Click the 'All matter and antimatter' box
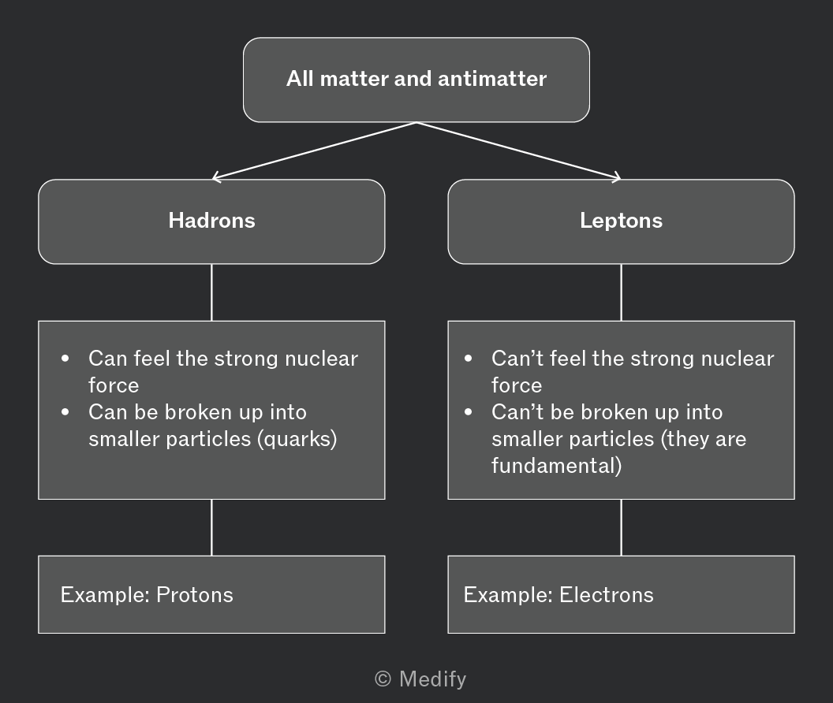point(416,80)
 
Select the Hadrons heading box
point(211,221)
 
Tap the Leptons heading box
point(621,221)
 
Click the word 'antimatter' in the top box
point(492,79)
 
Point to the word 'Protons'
point(194,595)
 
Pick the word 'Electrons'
point(606,595)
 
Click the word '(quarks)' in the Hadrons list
point(297,439)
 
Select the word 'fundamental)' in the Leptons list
point(556,466)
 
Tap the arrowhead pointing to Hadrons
point(215,177)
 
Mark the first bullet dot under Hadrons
point(65,359)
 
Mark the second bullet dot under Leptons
point(468,412)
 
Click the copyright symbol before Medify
point(383,679)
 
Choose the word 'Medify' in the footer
point(432,679)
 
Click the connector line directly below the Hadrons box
point(211,292)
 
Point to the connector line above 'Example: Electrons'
point(621,527)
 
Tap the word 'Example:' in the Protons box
point(105,595)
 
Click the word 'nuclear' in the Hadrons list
point(321,359)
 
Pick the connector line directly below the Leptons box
point(621,292)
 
